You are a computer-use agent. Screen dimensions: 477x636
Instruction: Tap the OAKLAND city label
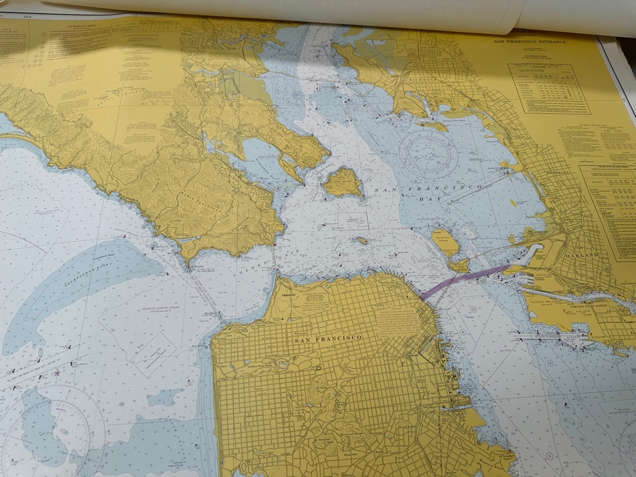pos(581,254)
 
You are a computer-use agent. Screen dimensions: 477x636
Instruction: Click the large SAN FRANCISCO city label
pos(327,338)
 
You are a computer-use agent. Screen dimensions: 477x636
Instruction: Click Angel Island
pos(343,182)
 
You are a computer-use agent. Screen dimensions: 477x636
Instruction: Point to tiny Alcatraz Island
pos(362,240)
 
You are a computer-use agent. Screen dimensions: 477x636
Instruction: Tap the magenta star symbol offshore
pos(57,372)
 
